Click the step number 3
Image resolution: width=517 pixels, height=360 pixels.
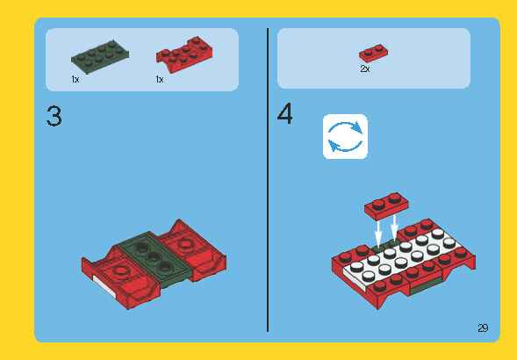click(54, 117)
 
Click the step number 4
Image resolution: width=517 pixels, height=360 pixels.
click(285, 116)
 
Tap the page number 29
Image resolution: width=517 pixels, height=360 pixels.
click(483, 328)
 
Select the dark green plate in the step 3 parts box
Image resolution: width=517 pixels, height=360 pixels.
click(97, 58)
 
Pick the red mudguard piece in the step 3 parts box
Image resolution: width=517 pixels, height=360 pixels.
click(181, 56)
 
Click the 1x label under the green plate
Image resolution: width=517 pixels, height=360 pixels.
click(75, 80)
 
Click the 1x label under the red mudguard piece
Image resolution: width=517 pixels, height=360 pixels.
click(160, 80)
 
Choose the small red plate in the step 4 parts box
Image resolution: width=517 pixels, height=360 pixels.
click(372, 53)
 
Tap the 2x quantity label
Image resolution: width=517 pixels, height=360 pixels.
click(364, 68)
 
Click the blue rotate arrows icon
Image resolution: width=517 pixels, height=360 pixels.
click(345, 136)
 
